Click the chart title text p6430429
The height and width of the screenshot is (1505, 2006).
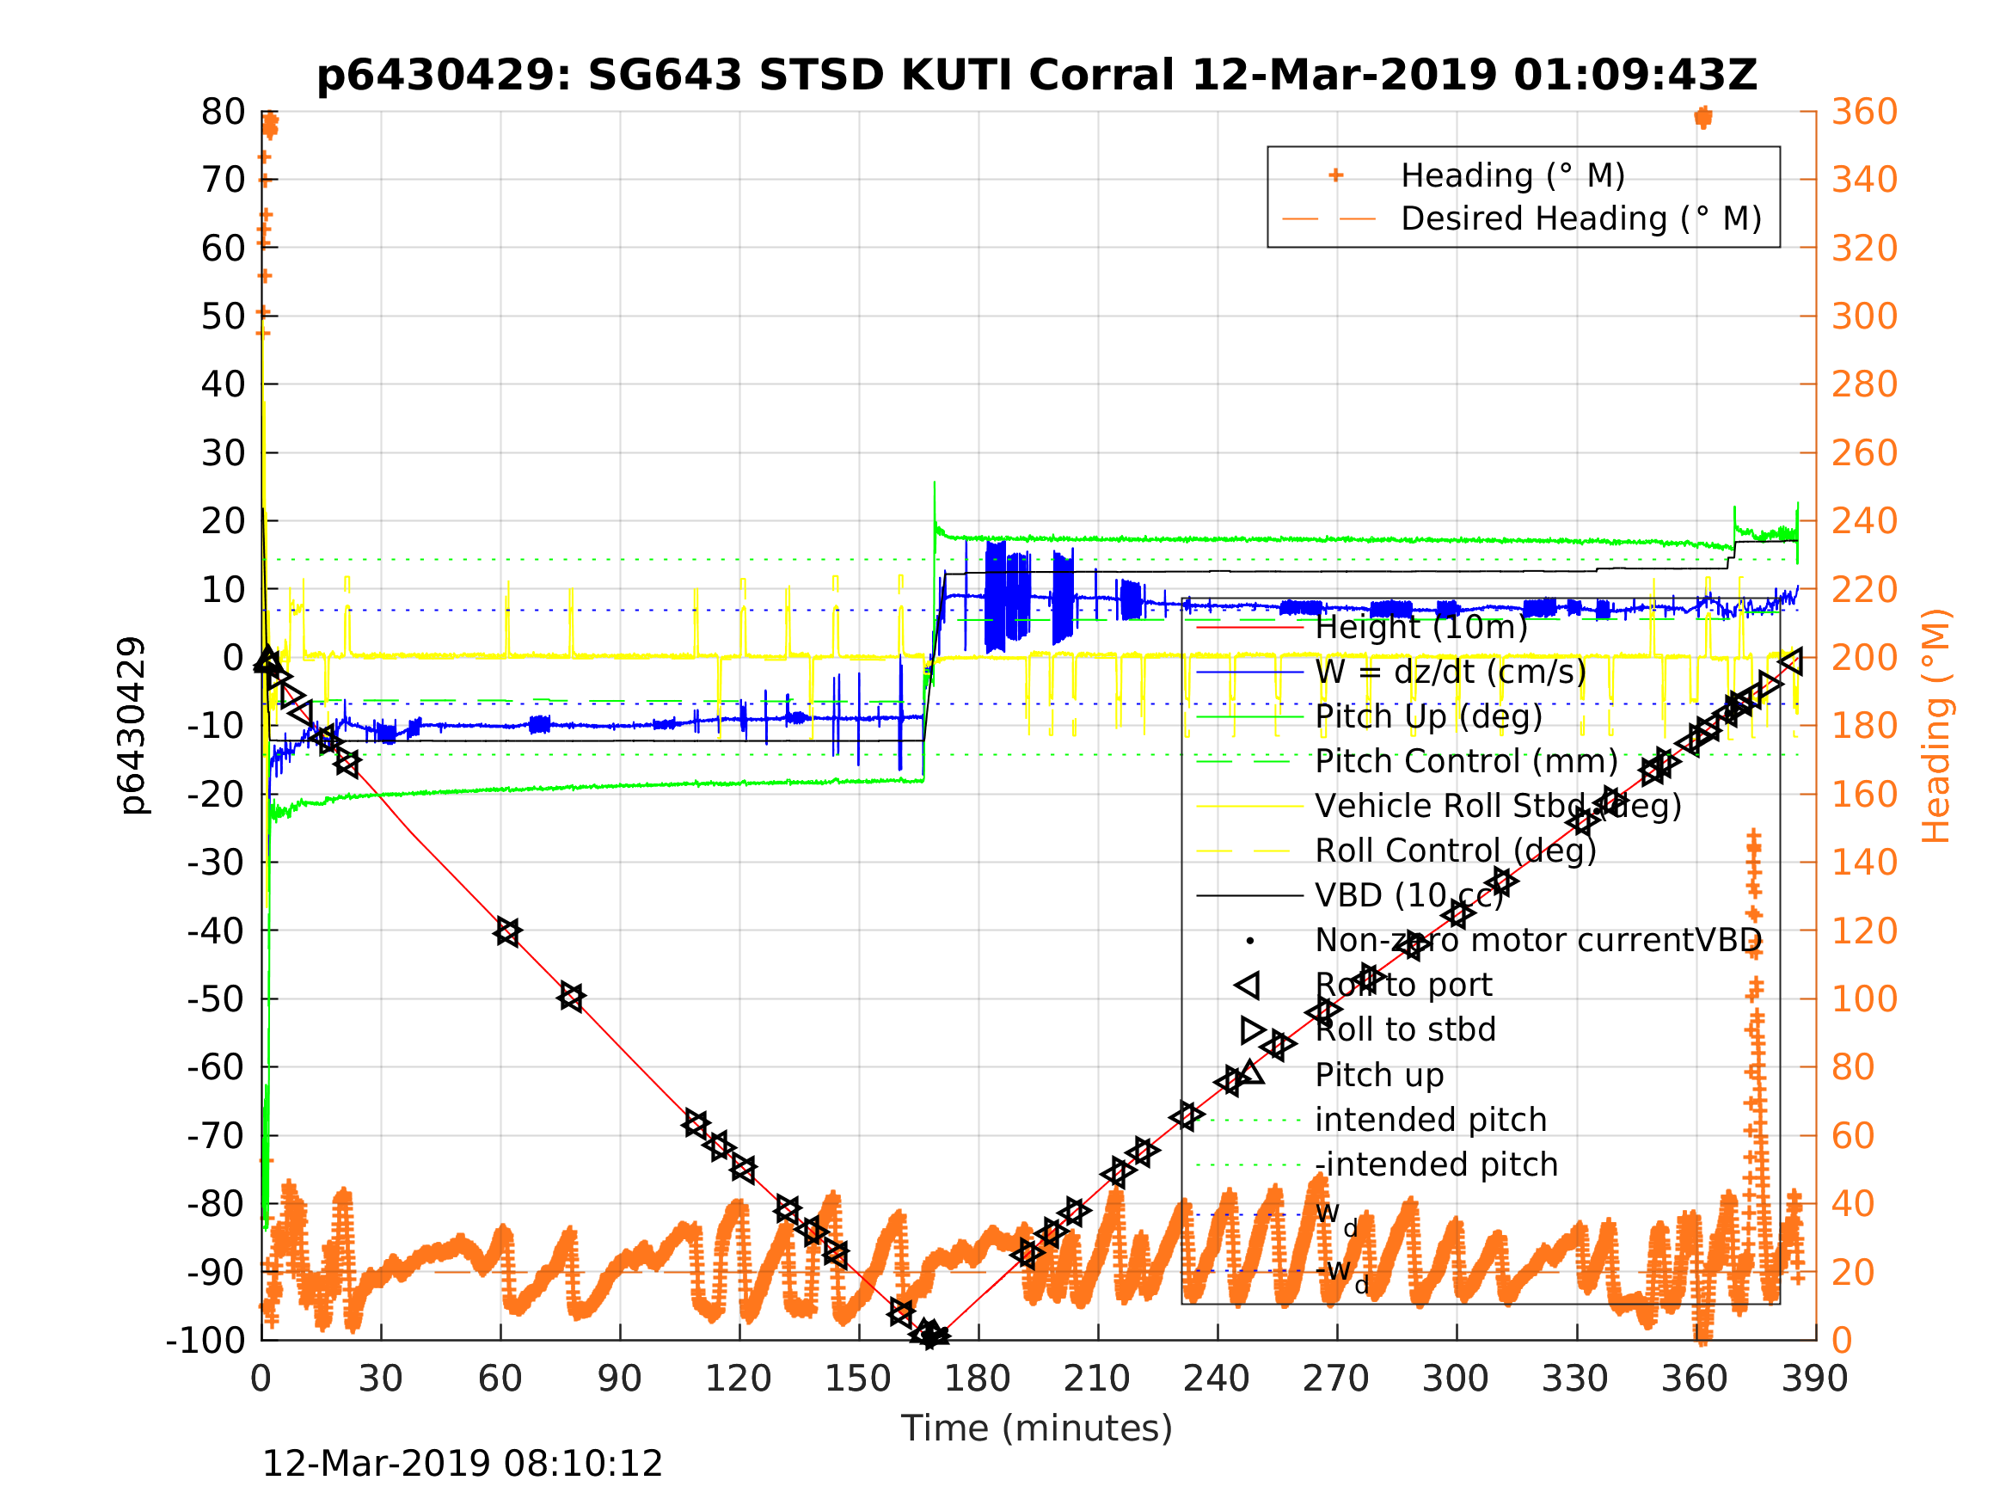click(x=1035, y=76)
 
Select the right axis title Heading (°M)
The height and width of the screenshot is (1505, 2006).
click(x=1935, y=726)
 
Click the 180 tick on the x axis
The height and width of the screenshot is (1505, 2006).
click(x=978, y=1379)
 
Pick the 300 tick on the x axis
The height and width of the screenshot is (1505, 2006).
click(x=1455, y=1379)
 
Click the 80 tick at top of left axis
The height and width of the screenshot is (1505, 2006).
click(x=223, y=113)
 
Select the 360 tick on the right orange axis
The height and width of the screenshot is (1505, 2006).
click(x=1864, y=113)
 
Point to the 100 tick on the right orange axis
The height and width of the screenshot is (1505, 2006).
click(x=1864, y=998)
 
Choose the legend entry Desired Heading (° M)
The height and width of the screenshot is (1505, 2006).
click(x=1580, y=218)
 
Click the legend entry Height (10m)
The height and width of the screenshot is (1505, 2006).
click(x=1421, y=627)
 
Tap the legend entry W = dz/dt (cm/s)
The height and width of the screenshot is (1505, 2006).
click(x=1450, y=672)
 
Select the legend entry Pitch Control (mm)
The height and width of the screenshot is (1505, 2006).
click(x=1466, y=761)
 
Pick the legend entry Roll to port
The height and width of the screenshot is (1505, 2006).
click(x=1403, y=985)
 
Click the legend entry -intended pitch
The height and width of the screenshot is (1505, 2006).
click(x=1436, y=1164)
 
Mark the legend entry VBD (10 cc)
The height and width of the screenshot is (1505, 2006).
click(x=1408, y=895)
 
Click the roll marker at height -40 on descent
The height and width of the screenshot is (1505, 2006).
click(x=508, y=931)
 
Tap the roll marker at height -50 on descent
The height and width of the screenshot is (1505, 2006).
click(x=571, y=997)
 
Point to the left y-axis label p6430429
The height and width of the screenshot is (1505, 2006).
click(x=132, y=726)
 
